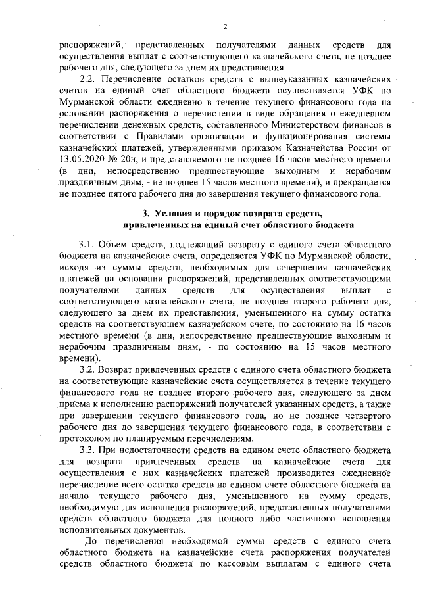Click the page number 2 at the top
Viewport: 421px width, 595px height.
tap(224, 26)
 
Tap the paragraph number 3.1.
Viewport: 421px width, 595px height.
tap(89, 245)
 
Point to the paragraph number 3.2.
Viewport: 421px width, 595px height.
tap(89, 370)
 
